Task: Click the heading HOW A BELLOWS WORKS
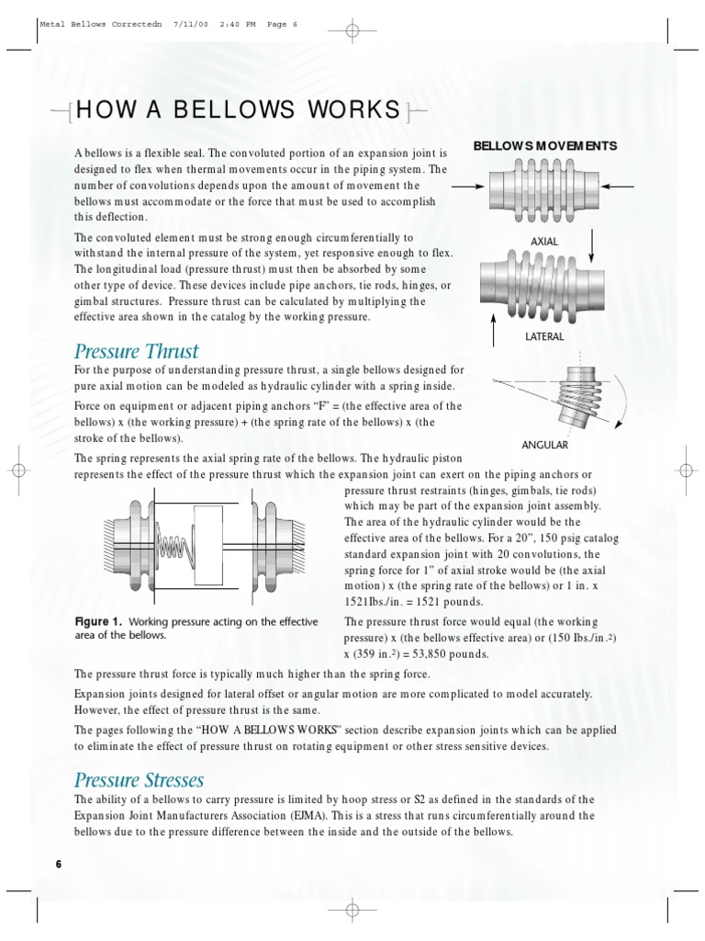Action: [239, 112]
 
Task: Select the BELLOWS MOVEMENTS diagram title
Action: [544, 146]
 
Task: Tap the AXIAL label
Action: [544, 241]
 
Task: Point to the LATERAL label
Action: [544, 336]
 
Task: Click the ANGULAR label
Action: [544, 445]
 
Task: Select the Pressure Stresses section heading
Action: [139, 780]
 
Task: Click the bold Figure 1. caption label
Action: [98, 622]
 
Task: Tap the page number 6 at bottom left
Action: [59, 865]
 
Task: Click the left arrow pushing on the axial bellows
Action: [467, 187]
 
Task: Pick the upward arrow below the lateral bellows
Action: [494, 327]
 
